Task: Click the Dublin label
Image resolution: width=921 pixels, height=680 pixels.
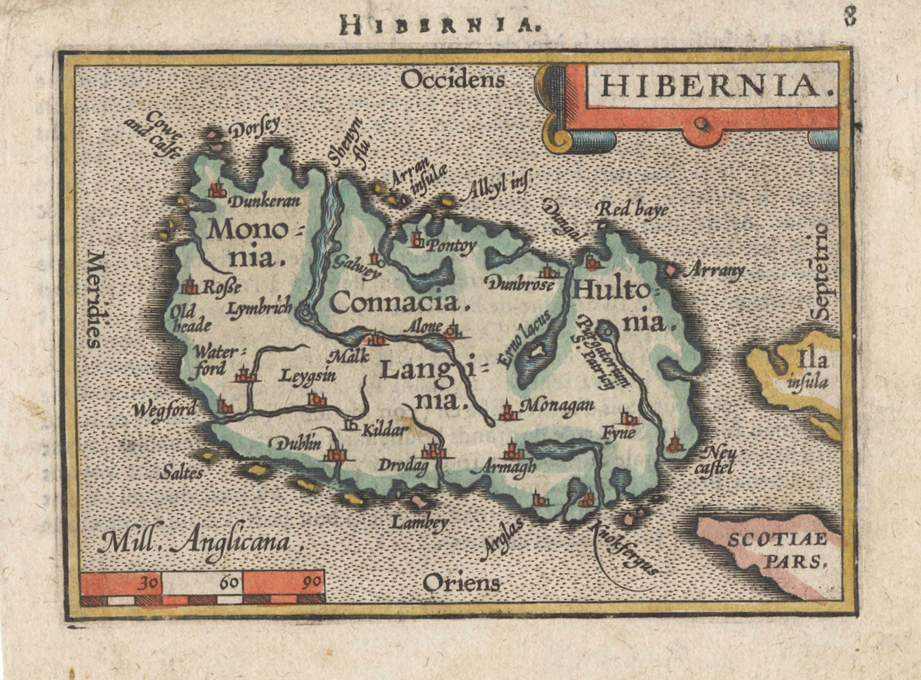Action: click(294, 444)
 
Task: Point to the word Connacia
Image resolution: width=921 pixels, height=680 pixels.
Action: click(399, 304)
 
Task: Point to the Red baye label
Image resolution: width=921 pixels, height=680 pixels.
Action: click(632, 211)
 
